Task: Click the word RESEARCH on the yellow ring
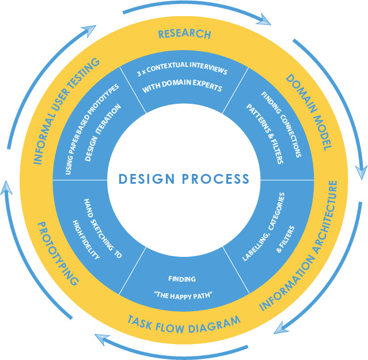[184, 34]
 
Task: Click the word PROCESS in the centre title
[217, 179]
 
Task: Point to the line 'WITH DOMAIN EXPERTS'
[184, 89]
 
